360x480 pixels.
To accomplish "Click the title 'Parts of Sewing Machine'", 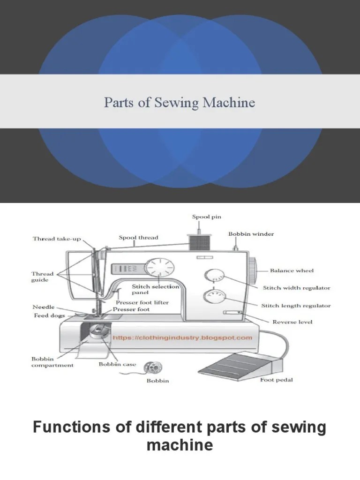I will [x=180, y=102].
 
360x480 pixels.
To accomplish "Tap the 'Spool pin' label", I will [x=206, y=217].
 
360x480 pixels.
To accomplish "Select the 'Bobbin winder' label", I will [x=251, y=233].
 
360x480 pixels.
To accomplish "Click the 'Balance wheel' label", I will [x=292, y=270].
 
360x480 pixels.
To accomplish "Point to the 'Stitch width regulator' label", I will [x=296, y=288].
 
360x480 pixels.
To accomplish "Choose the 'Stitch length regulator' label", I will [x=296, y=306].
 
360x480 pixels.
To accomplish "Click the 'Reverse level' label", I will [x=292, y=322].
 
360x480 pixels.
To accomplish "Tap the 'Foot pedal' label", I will [x=277, y=380].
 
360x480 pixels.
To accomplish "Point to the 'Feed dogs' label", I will [x=49, y=316].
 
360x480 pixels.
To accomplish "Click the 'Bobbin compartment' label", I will [x=52, y=362].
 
